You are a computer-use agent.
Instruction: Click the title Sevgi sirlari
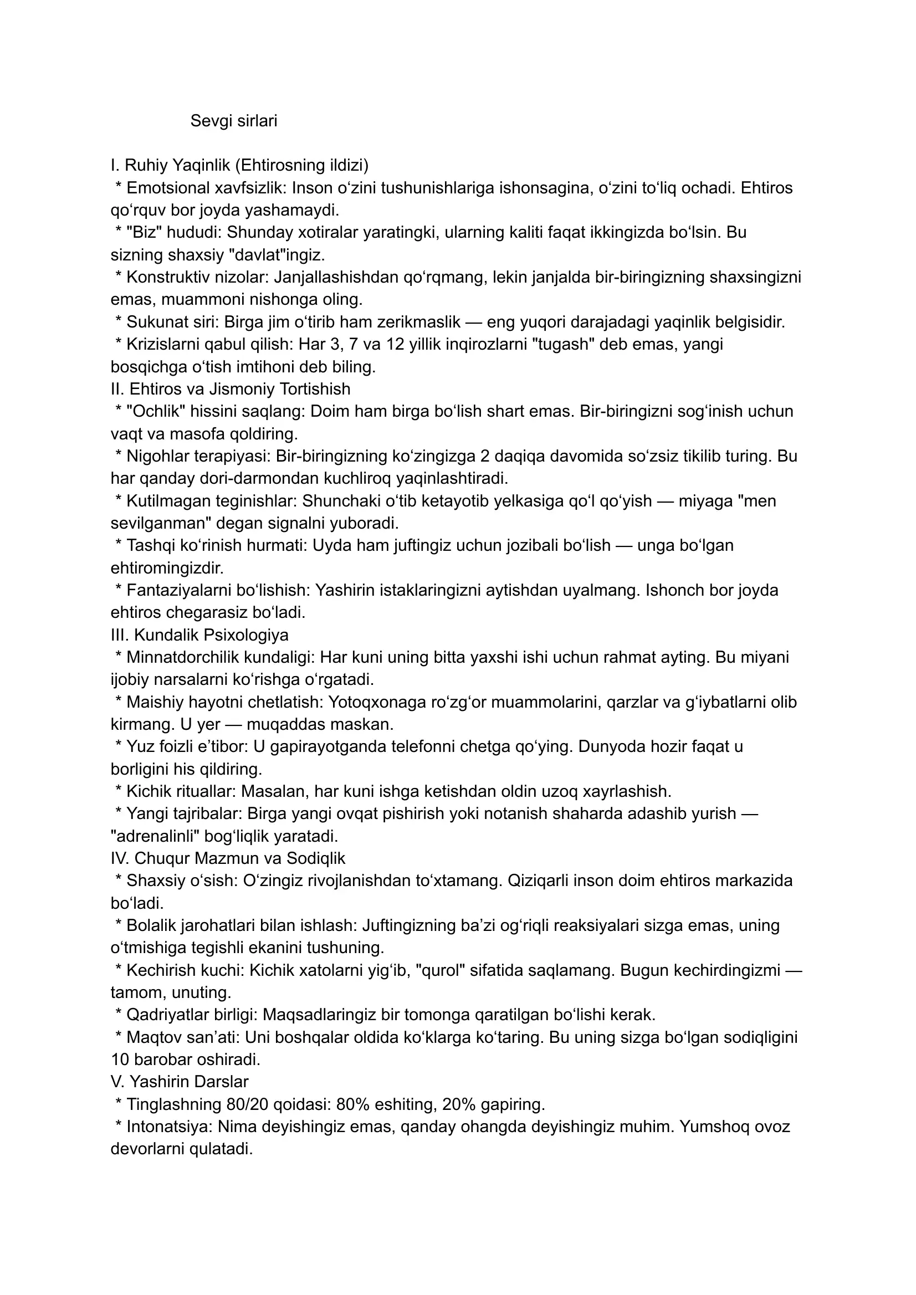click(x=233, y=121)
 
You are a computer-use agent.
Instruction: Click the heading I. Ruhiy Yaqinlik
click(x=239, y=165)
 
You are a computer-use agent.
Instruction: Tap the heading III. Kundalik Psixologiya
click(x=199, y=635)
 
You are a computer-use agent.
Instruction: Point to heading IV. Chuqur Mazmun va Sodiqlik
click(x=228, y=858)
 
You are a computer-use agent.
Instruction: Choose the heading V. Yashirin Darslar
click(x=180, y=1081)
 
